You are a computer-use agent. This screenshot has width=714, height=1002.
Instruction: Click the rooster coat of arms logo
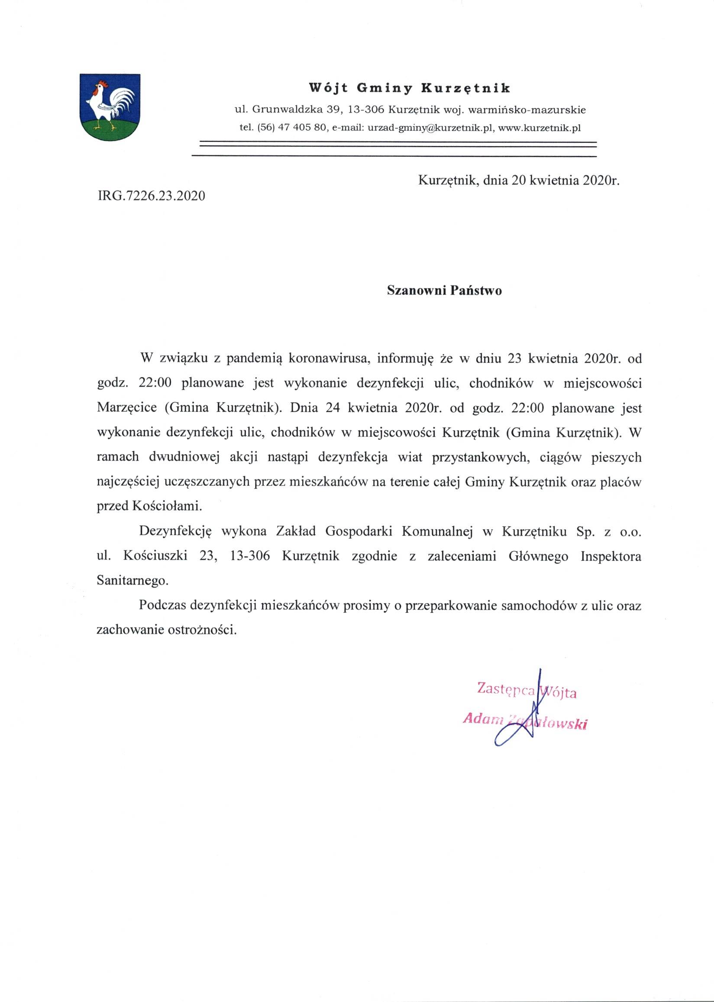pyautogui.click(x=110, y=107)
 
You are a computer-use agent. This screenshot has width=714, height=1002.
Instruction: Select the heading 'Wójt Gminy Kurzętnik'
pyautogui.click(x=410, y=88)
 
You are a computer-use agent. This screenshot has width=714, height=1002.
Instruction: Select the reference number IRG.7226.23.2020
pyautogui.click(x=151, y=195)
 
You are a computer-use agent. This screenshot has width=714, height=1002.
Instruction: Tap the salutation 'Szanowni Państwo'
pyautogui.click(x=444, y=291)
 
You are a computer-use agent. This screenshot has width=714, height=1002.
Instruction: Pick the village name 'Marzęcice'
pyautogui.click(x=126, y=407)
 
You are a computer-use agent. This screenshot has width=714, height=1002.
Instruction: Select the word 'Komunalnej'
pyautogui.click(x=437, y=531)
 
